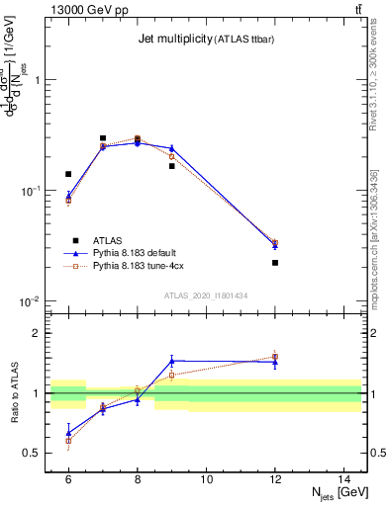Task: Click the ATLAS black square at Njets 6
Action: [x=68, y=174]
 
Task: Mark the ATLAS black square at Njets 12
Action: [x=275, y=263]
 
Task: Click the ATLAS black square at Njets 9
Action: [x=171, y=166]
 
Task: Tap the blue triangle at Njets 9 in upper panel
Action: [x=171, y=148]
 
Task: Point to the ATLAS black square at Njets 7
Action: [x=103, y=138]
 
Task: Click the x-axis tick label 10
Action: [x=207, y=479]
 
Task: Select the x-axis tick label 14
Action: [x=344, y=479]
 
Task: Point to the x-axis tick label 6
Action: [x=68, y=479]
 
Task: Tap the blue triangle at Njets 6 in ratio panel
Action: [x=68, y=433]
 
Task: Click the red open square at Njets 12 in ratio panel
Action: [x=275, y=356]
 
